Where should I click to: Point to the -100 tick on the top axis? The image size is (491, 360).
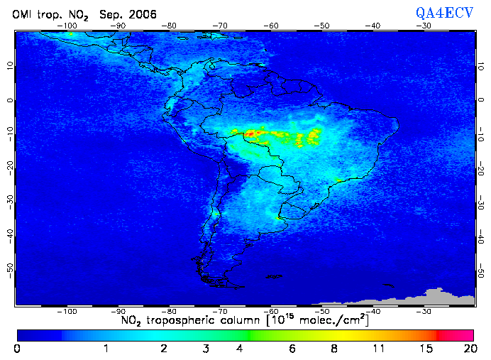[x=68, y=26]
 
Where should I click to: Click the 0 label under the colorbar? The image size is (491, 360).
[x=17, y=349]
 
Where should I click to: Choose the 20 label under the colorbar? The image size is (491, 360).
[x=468, y=349]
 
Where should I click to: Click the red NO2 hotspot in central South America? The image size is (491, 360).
[x=251, y=133]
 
